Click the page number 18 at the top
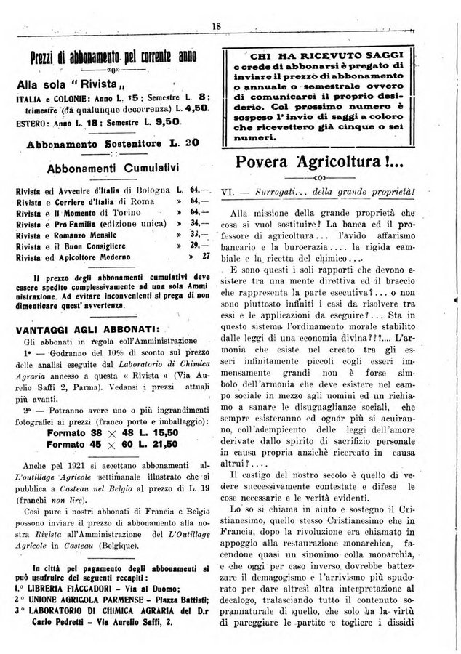pos(216,26)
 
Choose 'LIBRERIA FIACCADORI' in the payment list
pos(69,588)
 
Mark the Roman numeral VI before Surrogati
pos(225,193)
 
